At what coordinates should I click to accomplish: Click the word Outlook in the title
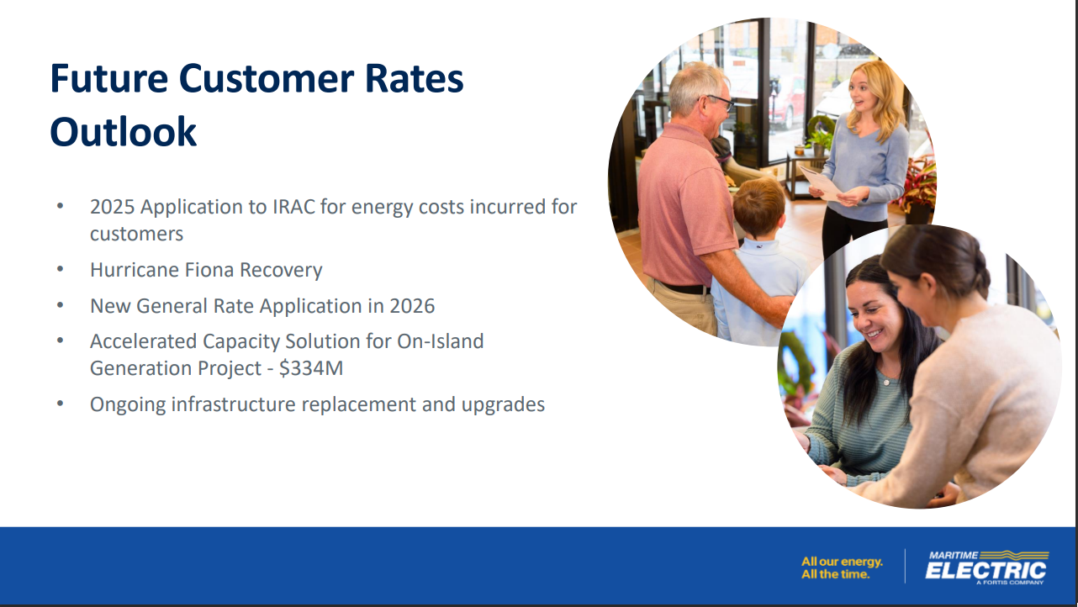point(124,131)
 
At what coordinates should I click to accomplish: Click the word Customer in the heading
point(267,78)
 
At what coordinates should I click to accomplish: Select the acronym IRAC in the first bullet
point(293,207)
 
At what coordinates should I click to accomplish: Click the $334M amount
point(311,368)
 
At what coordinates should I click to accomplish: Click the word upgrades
point(503,405)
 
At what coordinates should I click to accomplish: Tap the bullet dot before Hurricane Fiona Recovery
point(61,268)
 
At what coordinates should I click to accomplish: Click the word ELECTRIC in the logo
point(986,571)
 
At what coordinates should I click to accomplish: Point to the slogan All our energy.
point(843,562)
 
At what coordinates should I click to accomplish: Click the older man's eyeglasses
point(718,102)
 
